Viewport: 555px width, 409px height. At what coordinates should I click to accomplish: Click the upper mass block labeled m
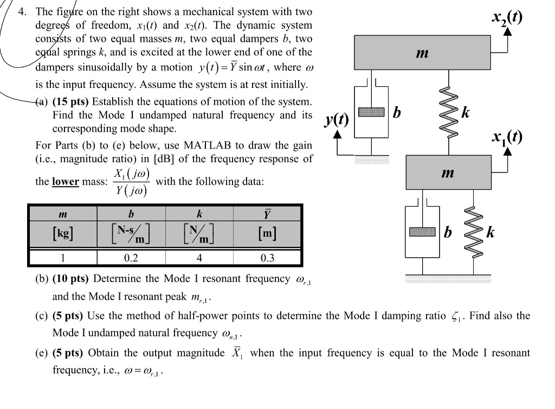click(x=423, y=53)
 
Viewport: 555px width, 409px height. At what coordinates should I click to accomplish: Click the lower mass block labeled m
click(x=447, y=173)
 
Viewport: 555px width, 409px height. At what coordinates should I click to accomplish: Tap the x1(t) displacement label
click(x=507, y=137)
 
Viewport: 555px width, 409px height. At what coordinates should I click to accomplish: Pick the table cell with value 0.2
click(x=131, y=258)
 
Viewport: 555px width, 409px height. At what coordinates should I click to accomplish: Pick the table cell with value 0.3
click(x=267, y=258)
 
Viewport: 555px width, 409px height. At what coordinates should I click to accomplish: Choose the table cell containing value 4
click(x=199, y=258)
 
